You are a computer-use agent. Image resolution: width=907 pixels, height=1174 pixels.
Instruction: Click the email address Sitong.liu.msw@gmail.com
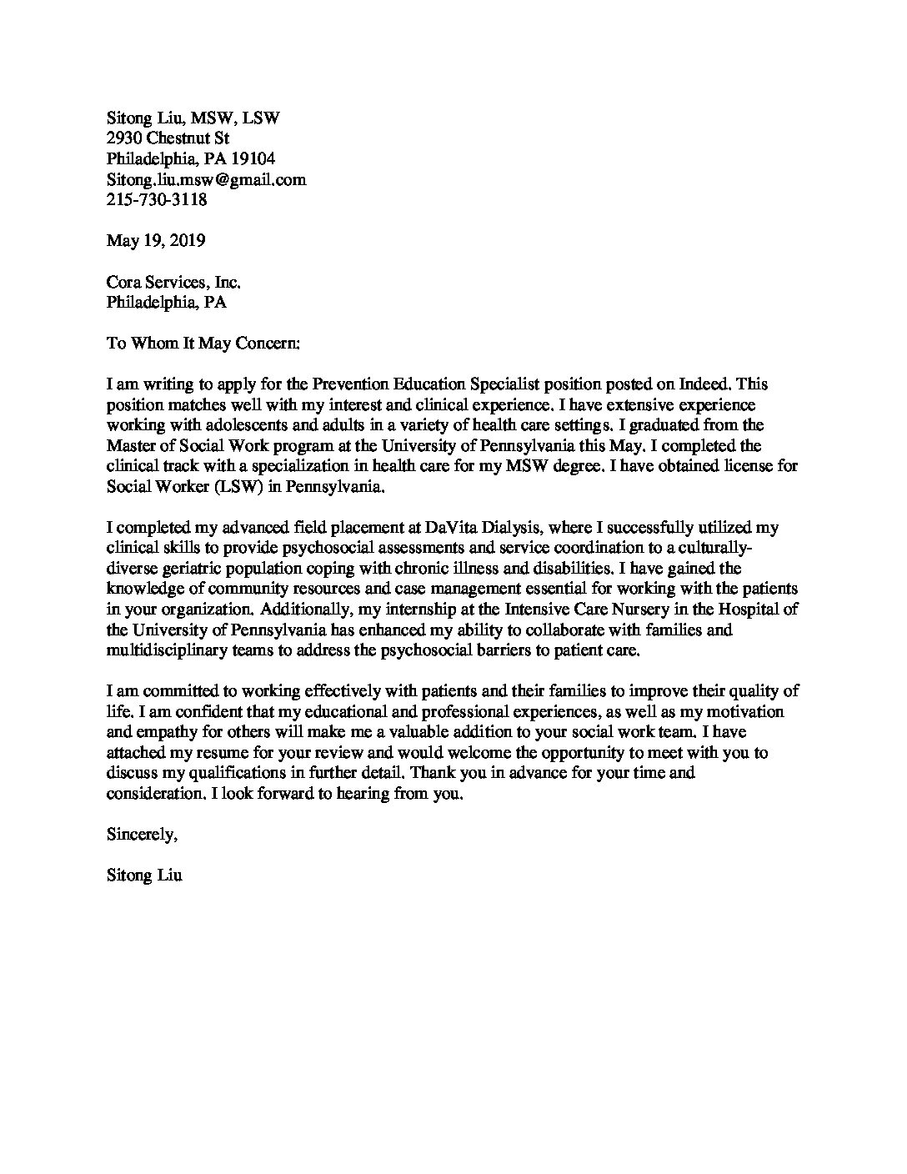coord(206,179)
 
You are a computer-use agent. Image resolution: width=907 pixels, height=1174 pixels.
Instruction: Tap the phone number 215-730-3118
coord(157,200)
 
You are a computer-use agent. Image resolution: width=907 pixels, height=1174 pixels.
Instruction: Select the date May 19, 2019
coord(156,241)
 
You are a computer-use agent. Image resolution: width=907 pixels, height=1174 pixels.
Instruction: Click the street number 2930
coord(124,138)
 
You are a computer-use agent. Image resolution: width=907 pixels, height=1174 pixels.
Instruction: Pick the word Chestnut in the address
coord(181,138)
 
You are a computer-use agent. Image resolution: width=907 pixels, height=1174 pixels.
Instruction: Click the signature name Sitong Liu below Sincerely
coord(144,875)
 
